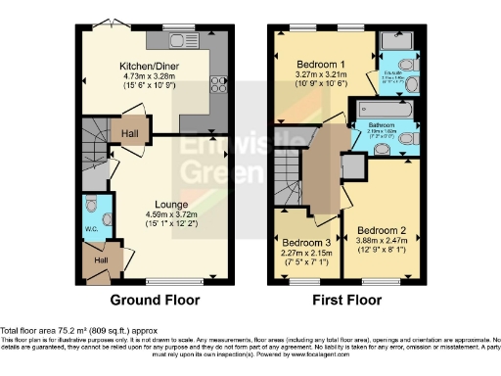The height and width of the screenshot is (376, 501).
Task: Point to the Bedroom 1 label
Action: [324, 63]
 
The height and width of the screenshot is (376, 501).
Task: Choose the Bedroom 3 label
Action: [305, 242]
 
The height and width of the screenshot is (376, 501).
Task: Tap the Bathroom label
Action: [381, 125]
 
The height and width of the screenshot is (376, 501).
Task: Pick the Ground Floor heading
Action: [155, 300]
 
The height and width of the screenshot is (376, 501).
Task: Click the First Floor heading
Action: [347, 300]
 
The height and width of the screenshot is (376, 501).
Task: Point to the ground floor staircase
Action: [95, 147]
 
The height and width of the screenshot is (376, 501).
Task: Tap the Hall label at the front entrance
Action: [100, 260]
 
